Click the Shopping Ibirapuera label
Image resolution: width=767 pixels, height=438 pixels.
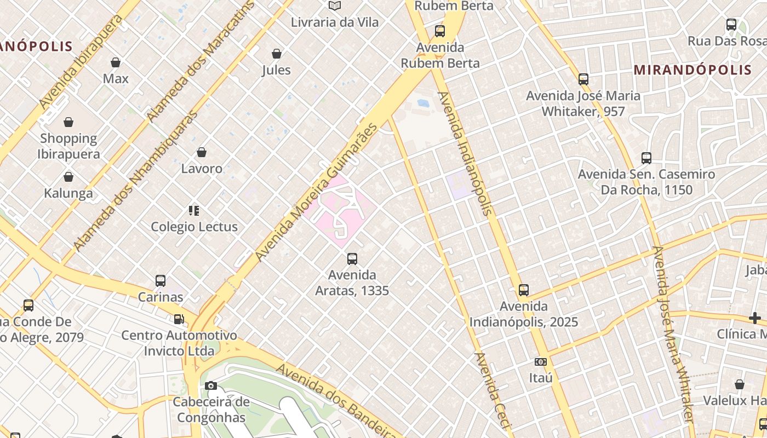[68, 146]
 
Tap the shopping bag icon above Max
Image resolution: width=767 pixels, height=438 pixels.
[116, 62]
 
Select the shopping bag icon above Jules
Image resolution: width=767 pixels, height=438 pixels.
[277, 54]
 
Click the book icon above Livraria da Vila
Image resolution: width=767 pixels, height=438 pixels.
[334, 6]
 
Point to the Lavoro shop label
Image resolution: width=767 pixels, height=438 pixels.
[202, 168]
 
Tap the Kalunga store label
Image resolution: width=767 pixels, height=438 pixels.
[68, 193]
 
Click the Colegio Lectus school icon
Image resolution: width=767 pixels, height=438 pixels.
[194, 210]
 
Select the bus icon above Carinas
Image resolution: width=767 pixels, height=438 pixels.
[161, 281]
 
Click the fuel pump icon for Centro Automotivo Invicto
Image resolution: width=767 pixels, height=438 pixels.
[179, 319]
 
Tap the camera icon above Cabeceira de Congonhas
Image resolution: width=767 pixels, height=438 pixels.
[211, 385]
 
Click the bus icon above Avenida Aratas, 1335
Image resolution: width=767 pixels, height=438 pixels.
[352, 258]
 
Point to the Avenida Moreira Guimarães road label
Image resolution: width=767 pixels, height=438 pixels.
[317, 192]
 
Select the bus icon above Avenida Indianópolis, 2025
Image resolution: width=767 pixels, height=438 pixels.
[524, 290]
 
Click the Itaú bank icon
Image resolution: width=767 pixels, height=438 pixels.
[541, 362]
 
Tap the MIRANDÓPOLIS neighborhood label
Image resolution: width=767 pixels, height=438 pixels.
[692, 70]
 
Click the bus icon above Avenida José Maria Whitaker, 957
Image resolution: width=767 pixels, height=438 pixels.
[583, 79]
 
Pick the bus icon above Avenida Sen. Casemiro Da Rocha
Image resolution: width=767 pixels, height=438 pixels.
[646, 158]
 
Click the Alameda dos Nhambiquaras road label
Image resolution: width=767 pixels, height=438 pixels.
[135, 181]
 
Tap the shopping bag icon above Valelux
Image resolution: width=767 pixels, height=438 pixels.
[740, 384]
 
